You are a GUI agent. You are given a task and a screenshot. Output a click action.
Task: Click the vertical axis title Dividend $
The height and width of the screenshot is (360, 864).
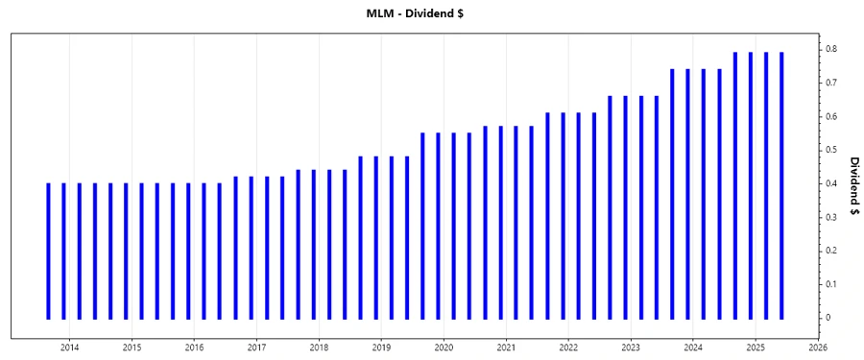coord(853,188)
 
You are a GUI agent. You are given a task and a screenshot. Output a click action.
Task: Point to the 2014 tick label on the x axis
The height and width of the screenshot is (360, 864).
coord(69,348)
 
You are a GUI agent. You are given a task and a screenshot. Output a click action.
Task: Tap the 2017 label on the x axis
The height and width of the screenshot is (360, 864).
coord(256,348)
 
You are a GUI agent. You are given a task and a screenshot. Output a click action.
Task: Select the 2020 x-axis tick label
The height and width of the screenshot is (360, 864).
coord(444,348)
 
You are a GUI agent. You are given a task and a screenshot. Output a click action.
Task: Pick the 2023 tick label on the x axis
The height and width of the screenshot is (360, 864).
coord(631,348)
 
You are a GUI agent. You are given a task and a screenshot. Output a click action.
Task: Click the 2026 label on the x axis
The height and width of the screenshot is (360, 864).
coord(818,348)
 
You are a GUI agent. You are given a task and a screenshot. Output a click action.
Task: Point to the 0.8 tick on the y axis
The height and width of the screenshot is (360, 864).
coord(831,49)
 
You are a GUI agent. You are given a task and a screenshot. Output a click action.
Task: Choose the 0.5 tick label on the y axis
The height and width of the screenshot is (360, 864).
coord(831,150)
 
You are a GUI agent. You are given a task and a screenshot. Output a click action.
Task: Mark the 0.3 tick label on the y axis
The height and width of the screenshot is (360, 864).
coord(831,217)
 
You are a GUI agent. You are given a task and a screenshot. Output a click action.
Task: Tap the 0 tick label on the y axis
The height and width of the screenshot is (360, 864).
coord(828,318)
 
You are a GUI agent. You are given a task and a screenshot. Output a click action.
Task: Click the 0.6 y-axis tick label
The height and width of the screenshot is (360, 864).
coord(831,116)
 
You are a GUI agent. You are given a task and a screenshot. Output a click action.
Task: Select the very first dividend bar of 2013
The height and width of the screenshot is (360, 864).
coord(48,250)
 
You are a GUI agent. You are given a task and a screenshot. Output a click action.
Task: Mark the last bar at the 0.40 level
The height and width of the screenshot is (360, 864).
coord(220,250)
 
